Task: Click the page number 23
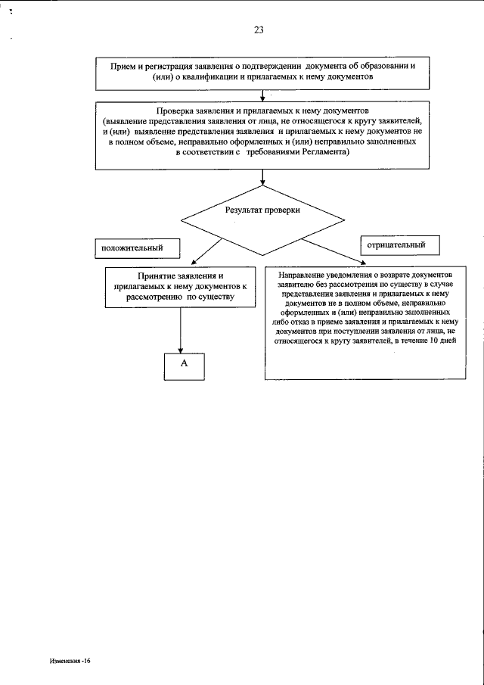[259, 30]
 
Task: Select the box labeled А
[183, 365]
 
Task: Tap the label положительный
[128, 247]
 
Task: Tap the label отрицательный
[396, 245]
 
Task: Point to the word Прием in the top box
[123, 66]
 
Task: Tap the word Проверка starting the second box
[177, 111]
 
